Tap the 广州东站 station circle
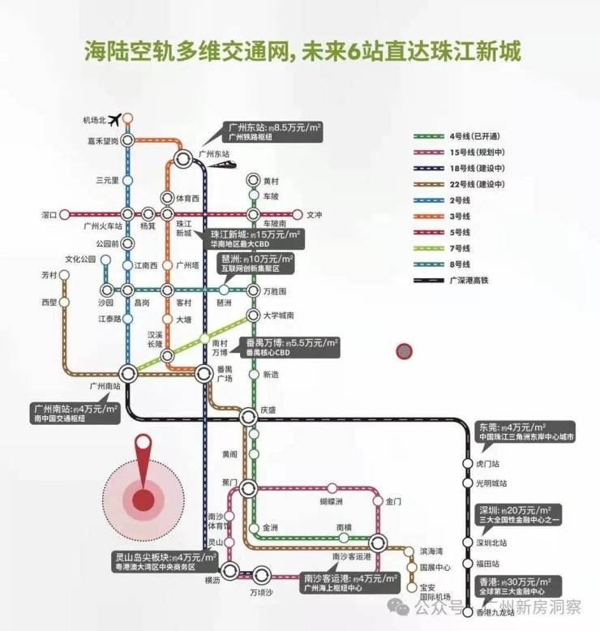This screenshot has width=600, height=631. click(184, 159)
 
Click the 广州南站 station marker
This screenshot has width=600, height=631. click(128, 372)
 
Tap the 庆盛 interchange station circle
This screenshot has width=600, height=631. click(249, 417)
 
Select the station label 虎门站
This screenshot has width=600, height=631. click(491, 463)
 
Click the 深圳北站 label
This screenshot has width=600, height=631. click(491, 543)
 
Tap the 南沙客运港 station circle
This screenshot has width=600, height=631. click(378, 543)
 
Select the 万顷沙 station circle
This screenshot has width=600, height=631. click(261, 576)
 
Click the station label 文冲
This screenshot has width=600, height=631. click(315, 215)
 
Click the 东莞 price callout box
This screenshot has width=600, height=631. click(523, 431)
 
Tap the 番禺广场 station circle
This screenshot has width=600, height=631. click(204, 372)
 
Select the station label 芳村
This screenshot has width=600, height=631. click(49, 275)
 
